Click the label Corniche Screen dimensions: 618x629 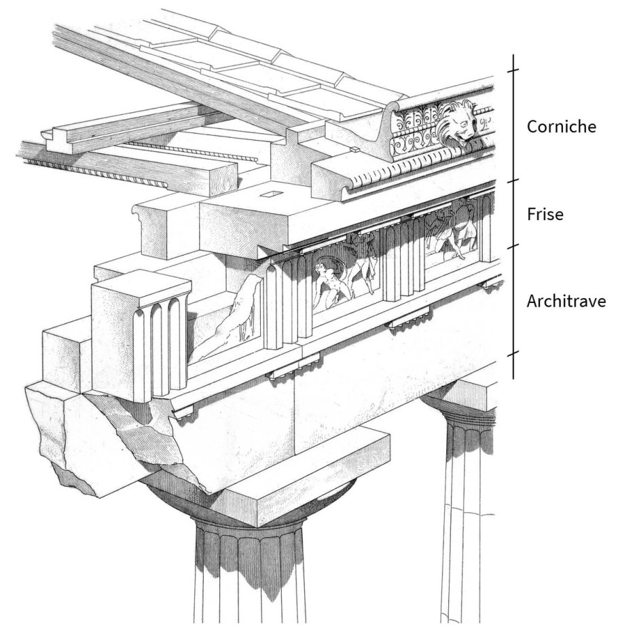tap(561, 127)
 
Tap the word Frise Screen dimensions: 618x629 tap(545, 215)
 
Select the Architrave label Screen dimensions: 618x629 tap(566, 302)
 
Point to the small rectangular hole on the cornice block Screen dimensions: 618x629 tap(272, 194)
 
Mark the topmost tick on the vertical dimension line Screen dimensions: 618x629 tap(513, 71)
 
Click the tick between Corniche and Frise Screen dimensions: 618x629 tap(513, 181)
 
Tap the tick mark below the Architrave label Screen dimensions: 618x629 tap(513, 354)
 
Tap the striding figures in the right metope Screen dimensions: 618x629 tap(451, 231)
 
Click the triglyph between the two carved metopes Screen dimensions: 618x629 tap(403, 261)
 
